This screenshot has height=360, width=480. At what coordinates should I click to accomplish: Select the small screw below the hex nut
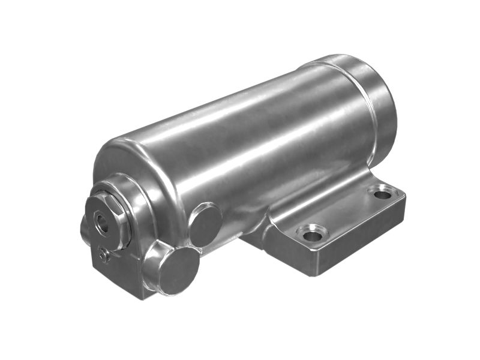(x=106, y=257)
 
